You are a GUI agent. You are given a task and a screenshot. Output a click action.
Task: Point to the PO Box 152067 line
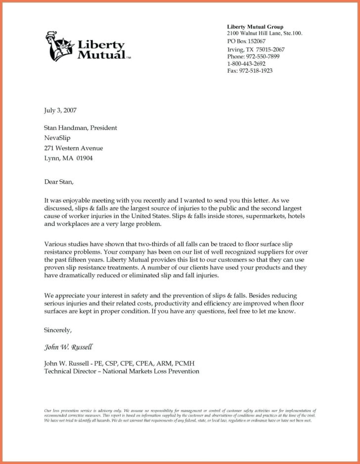click(x=246, y=41)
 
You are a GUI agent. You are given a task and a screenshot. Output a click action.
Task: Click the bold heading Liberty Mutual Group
click(x=255, y=26)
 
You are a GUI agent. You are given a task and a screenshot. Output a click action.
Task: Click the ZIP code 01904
click(x=84, y=159)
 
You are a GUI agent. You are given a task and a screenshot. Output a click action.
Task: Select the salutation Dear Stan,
click(x=59, y=182)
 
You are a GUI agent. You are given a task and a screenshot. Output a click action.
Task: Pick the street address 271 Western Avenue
click(x=74, y=148)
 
